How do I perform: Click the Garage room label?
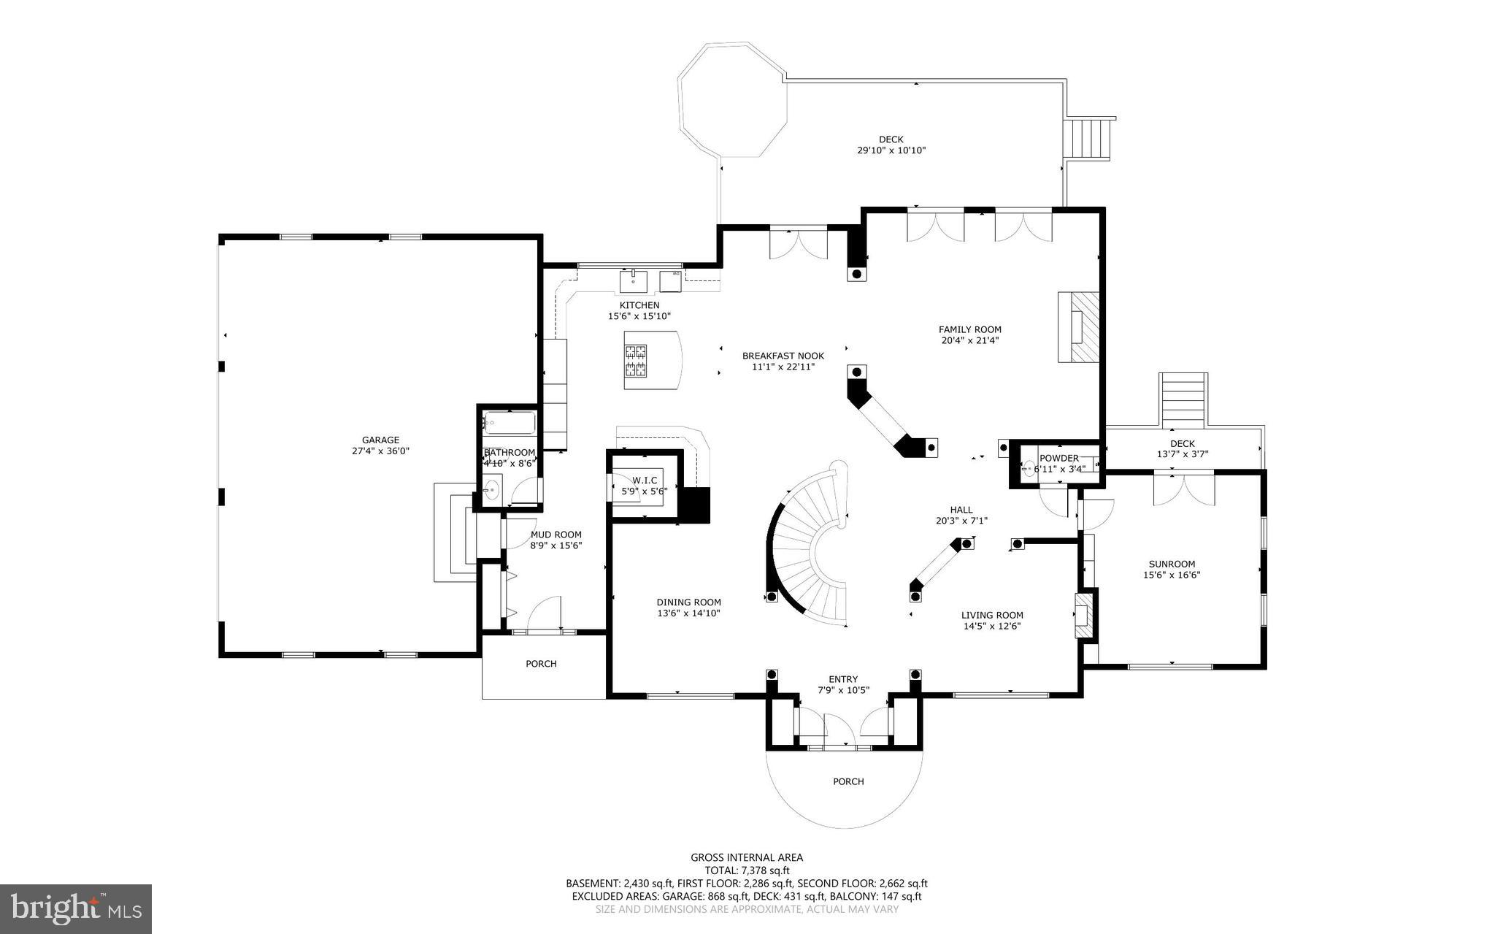click(380, 440)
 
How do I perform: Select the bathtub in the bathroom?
click(510, 423)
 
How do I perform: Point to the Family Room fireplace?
click(1079, 326)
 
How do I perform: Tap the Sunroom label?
click(1172, 564)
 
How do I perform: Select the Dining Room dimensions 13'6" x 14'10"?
click(688, 613)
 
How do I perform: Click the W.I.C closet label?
click(645, 480)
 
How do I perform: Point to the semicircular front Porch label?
click(848, 781)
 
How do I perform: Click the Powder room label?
click(1058, 458)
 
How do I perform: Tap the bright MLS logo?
click(76, 908)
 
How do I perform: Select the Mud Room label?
click(556, 535)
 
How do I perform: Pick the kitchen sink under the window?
click(634, 280)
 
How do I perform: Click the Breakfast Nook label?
click(783, 356)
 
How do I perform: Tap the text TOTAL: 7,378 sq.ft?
click(746, 870)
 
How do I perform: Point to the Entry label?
click(843, 679)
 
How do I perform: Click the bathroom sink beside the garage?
click(491, 489)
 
